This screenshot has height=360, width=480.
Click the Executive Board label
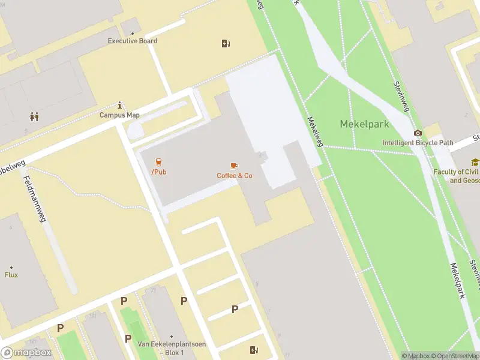132,41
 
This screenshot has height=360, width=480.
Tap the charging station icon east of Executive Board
226,43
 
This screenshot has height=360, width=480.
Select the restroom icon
34,117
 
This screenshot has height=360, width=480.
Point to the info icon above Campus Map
120,105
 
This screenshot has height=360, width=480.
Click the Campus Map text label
119,115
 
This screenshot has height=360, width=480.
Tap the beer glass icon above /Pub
159,162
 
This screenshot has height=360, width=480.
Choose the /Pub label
159,172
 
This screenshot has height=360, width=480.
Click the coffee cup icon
234,165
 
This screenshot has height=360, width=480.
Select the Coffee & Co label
235,175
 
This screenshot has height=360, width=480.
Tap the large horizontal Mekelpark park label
365,124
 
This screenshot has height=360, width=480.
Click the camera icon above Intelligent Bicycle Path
418,133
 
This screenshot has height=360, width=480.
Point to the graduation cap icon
475,162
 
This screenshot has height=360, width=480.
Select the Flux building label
11,275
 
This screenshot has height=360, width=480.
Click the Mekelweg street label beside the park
316,131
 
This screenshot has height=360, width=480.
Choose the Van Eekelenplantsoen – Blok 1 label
171,348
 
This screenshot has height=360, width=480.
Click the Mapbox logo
26,353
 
